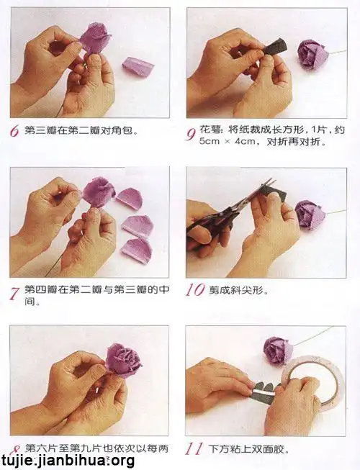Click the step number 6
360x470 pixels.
(x=14, y=132)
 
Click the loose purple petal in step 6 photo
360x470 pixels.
(x=138, y=67)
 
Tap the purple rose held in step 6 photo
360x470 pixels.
(x=94, y=37)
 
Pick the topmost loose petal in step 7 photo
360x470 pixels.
(x=130, y=199)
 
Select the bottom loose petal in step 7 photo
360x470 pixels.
(x=136, y=250)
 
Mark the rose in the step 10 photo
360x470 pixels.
(x=310, y=214)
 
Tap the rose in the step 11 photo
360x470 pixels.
(x=278, y=350)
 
